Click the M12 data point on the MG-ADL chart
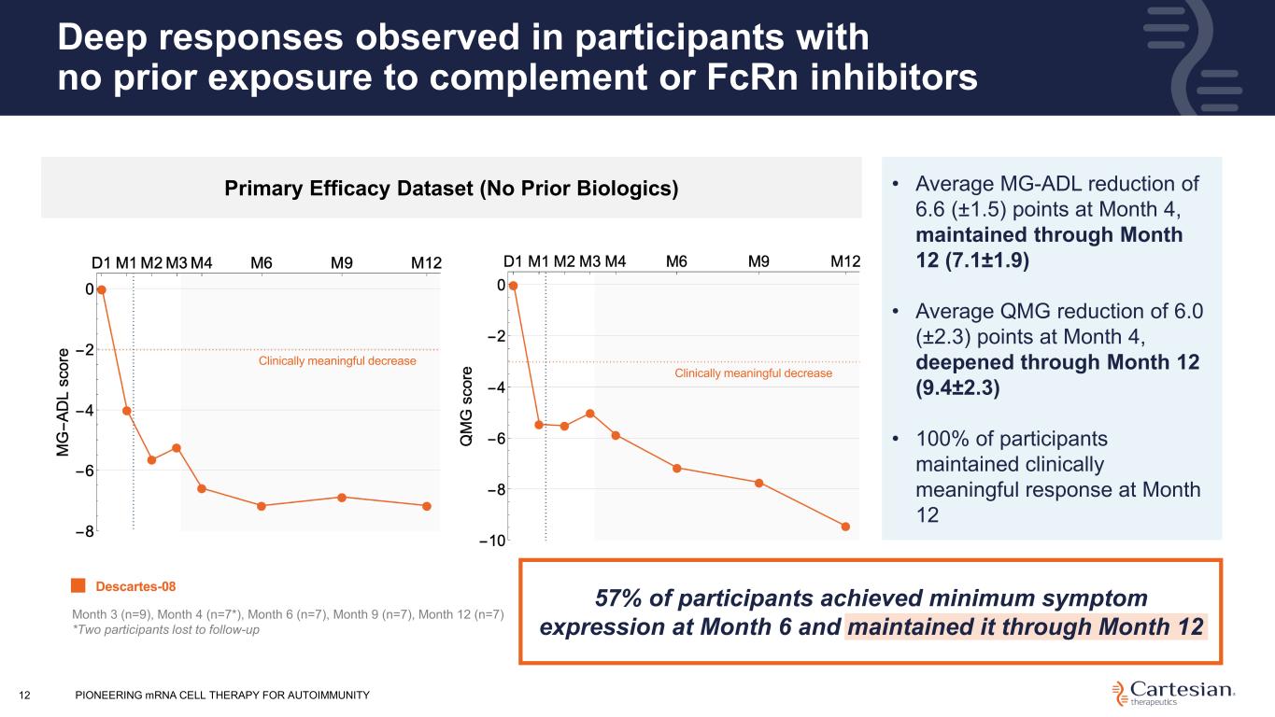tap(427, 506)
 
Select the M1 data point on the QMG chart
tap(539, 425)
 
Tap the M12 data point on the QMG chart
tap(845, 527)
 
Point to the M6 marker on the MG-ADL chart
tap(262, 506)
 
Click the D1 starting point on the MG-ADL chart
tap(102, 289)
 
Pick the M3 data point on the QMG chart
tap(590, 414)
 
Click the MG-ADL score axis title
tap(63, 402)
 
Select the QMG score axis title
tap(466, 406)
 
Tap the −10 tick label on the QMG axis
tap(492, 541)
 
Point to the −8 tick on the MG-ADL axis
tap(85, 531)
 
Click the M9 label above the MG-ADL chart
tap(342, 263)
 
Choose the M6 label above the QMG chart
tap(676, 261)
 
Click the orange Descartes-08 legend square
tap(78, 585)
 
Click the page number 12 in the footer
tap(24, 695)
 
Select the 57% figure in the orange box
tap(619, 598)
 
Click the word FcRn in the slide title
tap(753, 77)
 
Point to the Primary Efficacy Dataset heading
tap(451, 189)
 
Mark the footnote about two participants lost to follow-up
tap(165, 629)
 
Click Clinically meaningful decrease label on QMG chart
tap(753, 373)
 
